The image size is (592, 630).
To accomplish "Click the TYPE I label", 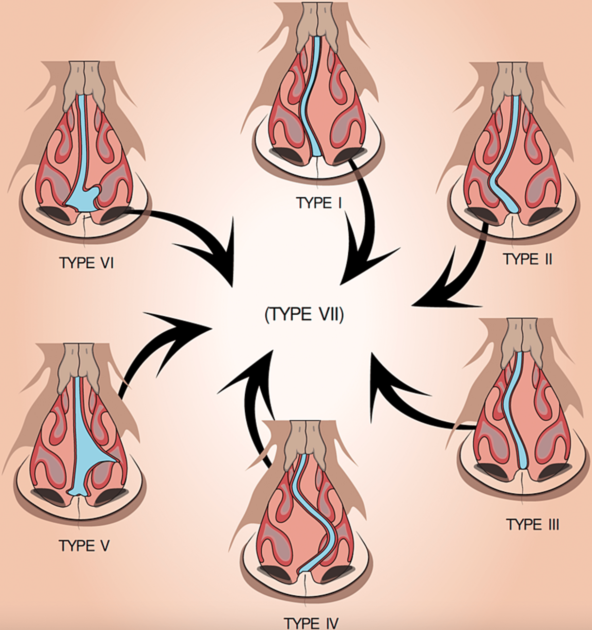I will pyautogui.click(x=319, y=203).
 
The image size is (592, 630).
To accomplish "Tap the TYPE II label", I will pyautogui.click(x=527, y=259).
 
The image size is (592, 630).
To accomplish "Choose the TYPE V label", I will pyautogui.click(x=84, y=546).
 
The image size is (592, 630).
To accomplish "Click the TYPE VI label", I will pyautogui.click(x=86, y=263).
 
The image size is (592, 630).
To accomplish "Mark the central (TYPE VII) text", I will pyautogui.click(x=304, y=314).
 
